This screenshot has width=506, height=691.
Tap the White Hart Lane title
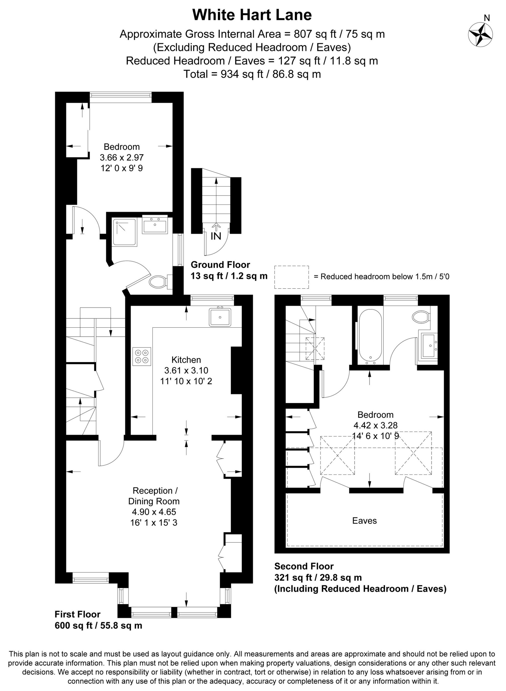252,15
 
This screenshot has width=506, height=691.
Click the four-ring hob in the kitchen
142,357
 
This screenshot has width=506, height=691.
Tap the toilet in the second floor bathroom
421,316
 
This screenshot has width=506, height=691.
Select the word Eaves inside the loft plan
364,520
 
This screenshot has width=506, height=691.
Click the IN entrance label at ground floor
216,236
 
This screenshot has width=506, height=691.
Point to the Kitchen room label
186,360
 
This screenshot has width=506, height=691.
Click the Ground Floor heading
220,265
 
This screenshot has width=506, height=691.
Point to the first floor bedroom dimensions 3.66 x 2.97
122,157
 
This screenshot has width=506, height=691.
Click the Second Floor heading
304,566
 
